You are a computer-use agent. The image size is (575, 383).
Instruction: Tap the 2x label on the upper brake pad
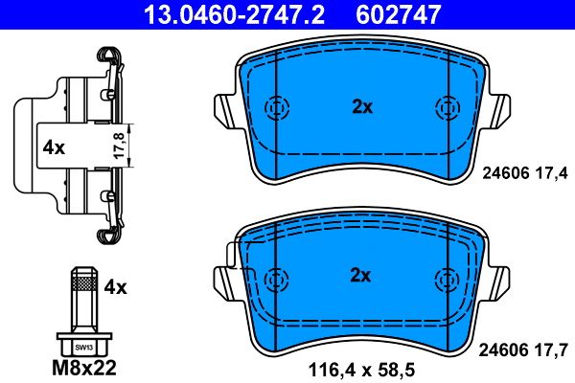click(x=361, y=107)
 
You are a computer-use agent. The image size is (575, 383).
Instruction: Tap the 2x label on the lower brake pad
click(x=360, y=276)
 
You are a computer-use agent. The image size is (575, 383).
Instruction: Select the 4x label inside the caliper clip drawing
click(x=53, y=147)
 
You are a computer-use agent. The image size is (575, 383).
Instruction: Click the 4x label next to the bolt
click(x=115, y=285)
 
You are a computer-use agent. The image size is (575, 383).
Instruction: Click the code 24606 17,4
click(x=522, y=172)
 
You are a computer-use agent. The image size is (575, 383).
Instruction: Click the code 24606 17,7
click(x=522, y=350)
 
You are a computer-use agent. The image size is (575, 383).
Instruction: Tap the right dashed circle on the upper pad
click(x=445, y=107)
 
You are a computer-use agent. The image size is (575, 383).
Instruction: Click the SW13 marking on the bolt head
click(x=84, y=346)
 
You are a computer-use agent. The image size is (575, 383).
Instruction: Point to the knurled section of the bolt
click(x=84, y=283)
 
